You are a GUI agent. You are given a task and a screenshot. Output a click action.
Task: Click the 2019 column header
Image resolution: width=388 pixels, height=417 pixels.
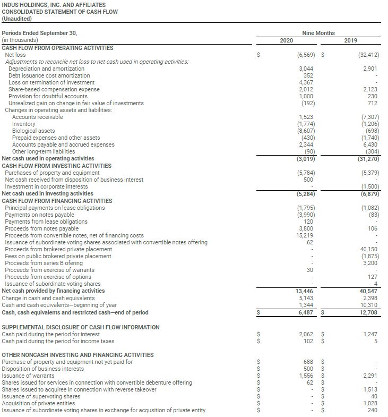tap(350, 40)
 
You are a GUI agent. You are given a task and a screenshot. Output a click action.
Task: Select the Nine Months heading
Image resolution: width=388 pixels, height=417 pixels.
tap(318, 33)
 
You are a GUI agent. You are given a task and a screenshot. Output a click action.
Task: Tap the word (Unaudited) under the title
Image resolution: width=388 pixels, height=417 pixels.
tap(16, 19)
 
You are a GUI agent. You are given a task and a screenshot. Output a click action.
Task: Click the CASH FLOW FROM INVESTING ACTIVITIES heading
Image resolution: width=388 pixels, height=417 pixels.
tap(57, 166)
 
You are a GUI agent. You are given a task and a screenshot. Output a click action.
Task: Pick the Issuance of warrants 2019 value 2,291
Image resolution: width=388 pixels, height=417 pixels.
tap(369, 376)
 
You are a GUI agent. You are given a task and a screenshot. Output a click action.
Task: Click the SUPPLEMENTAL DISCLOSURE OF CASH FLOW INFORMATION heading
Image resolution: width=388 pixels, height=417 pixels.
tap(81, 327)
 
